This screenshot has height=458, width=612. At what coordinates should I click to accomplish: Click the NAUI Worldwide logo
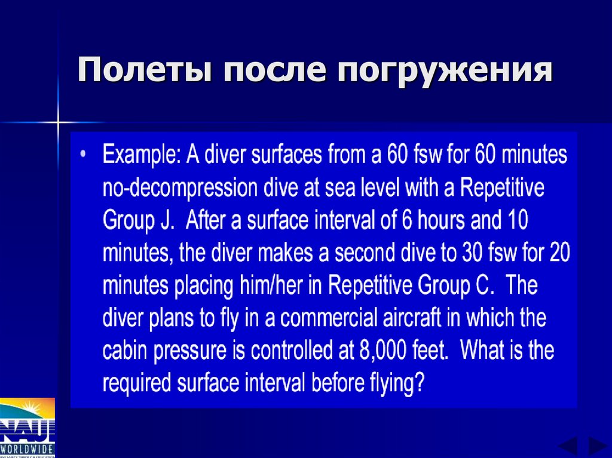point(27,427)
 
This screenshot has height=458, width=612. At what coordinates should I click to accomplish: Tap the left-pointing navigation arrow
point(567,447)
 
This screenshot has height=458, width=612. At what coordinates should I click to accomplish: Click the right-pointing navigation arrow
point(596,447)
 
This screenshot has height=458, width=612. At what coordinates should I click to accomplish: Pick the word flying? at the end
point(394,383)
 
